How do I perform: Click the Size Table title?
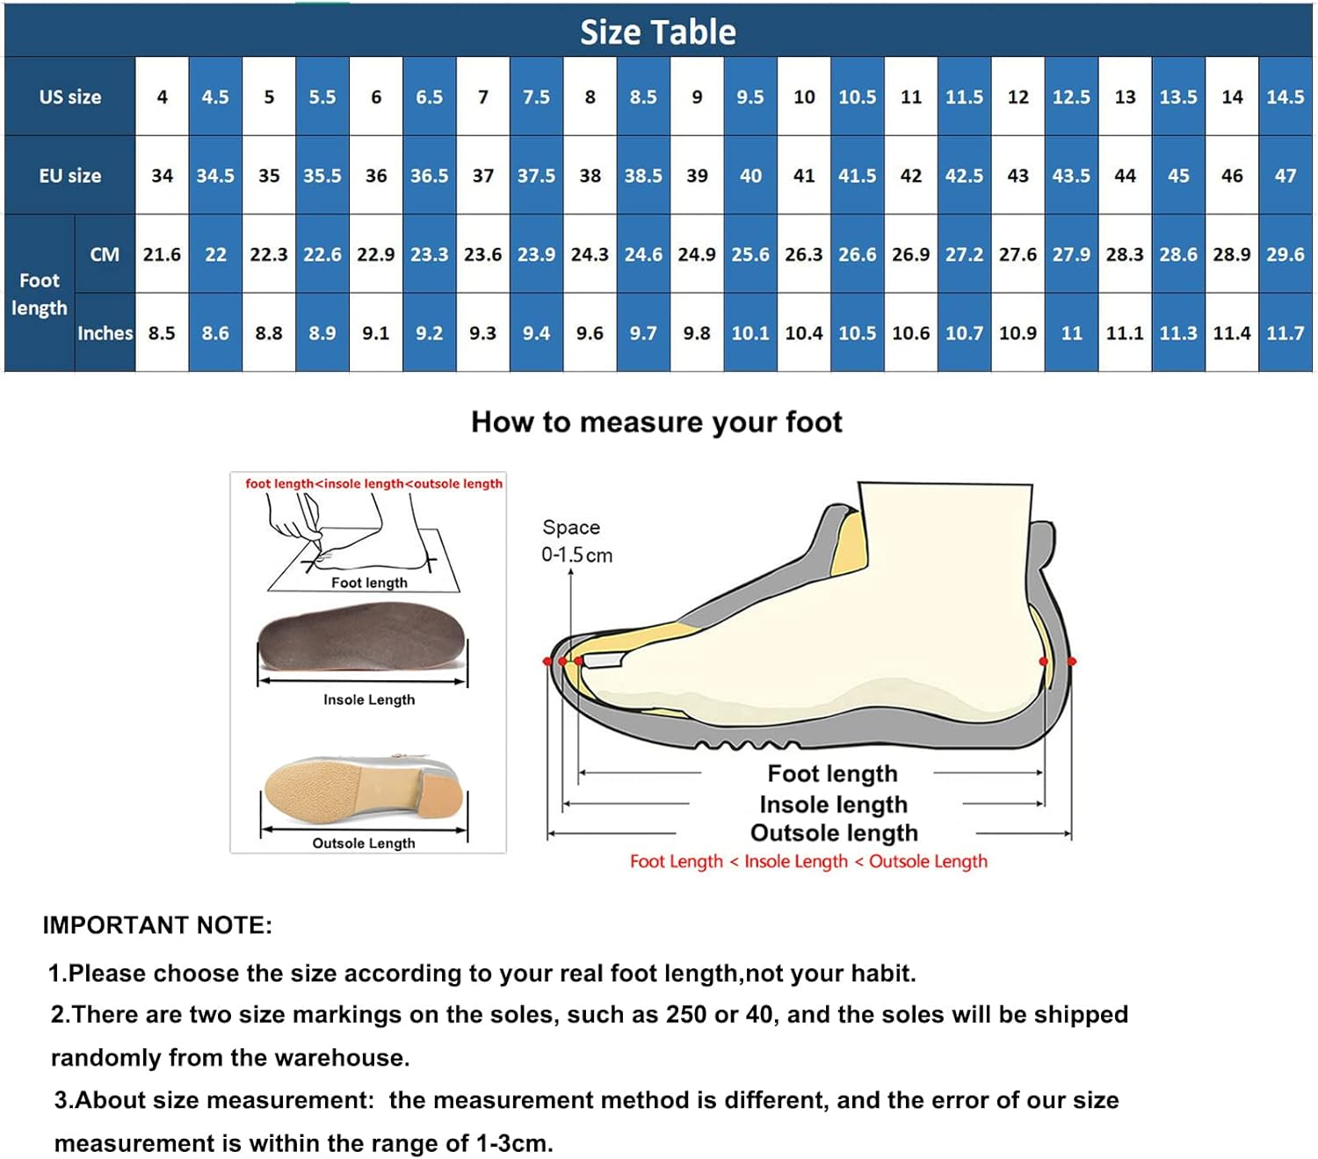tap(657, 32)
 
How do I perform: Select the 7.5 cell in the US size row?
tap(536, 97)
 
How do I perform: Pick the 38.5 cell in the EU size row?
tap(643, 176)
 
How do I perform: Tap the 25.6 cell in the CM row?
tap(750, 255)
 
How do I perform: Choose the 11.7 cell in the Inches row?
tap(1285, 333)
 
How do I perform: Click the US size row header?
tap(70, 97)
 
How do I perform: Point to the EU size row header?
tap(70, 176)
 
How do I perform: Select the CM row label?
tap(105, 255)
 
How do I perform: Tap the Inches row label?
tap(105, 333)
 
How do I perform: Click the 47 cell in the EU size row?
tap(1285, 176)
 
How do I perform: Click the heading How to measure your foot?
tap(656, 422)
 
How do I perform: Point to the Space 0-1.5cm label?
tap(576, 541)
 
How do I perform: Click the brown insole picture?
tap(361, 638)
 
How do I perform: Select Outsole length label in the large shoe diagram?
tap(833, 832)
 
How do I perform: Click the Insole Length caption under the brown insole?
tap(368, 699)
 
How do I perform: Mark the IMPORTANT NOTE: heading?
tap(157, 925)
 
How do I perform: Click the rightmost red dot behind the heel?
tap(1071, 661)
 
